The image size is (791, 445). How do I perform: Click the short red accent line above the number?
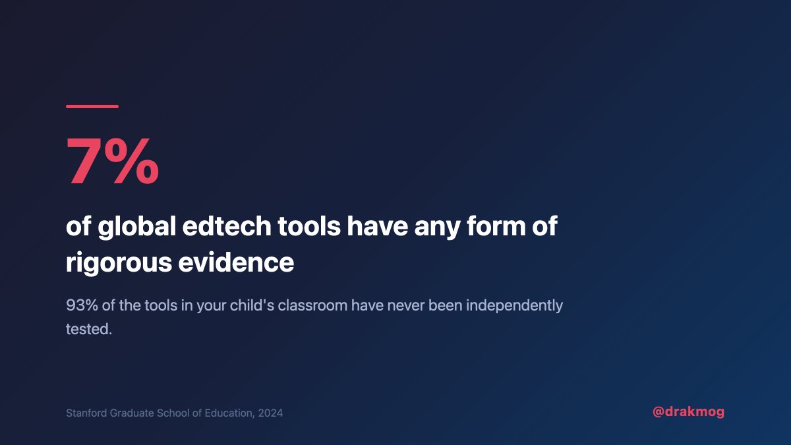coord(92,106)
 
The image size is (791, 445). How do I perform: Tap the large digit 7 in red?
coord(86,161)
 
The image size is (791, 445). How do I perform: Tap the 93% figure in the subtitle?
coord(81,307)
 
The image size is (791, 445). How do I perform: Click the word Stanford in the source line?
coord(86,413)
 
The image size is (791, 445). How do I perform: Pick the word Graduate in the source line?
coord(133,413)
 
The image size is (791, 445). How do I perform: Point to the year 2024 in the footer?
coord(270,413)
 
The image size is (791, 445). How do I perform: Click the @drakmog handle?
coord(688,412)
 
